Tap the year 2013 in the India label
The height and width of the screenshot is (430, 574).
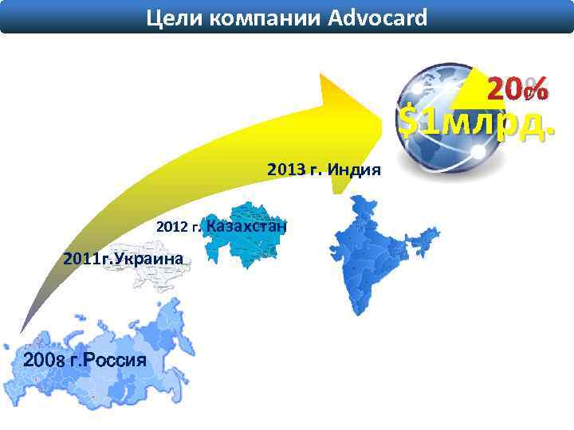point(286,170)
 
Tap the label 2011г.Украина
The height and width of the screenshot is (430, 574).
point(124,258)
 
